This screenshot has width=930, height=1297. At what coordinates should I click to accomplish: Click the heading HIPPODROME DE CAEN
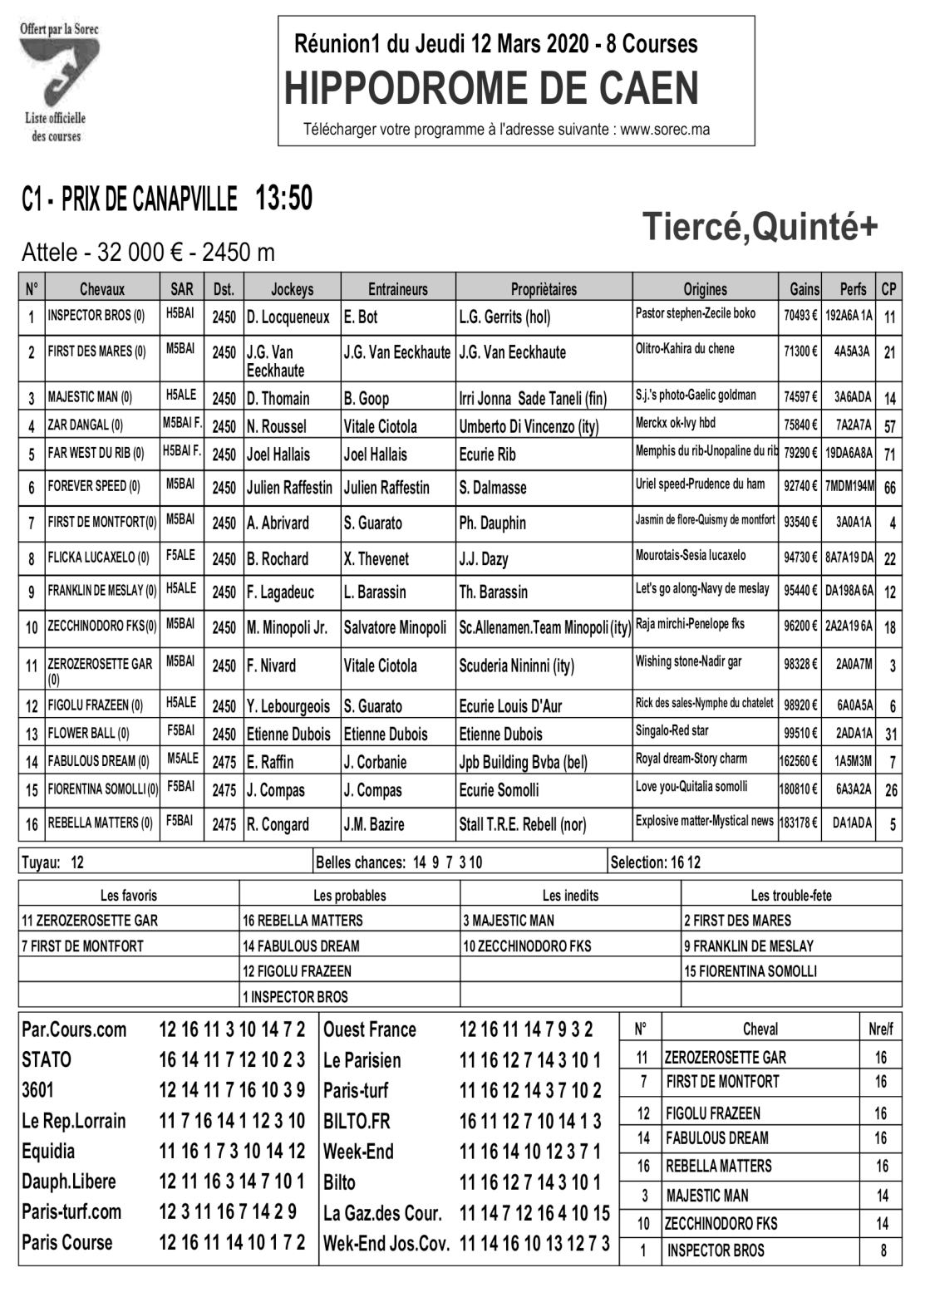(x=491, y=89)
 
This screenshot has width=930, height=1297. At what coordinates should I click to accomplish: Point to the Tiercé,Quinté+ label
(x=760, y=227)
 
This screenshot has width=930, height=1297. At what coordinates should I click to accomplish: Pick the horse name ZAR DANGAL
(x=85, y=425)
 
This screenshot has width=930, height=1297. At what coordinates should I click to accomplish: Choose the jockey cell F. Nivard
(x=271, y=666)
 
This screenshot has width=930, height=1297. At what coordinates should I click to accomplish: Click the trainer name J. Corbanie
(x=376, y=762)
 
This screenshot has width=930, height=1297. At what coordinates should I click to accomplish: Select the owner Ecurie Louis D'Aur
(x=510, y=706)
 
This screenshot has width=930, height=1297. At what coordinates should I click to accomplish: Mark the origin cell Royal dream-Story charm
(x=691, y=759)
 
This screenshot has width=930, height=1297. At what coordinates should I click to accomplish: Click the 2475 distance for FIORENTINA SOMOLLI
(x=224, y=790)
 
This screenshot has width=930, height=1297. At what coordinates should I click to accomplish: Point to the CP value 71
(x=889, y=454)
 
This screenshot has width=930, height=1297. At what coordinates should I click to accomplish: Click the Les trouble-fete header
(x=790, y=896)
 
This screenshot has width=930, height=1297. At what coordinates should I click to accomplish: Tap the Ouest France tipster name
(x=369, y=1030)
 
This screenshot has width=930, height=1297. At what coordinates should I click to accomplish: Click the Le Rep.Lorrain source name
(x=74, y=1121)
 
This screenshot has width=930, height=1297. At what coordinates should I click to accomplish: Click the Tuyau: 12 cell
(x=52, y=862)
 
